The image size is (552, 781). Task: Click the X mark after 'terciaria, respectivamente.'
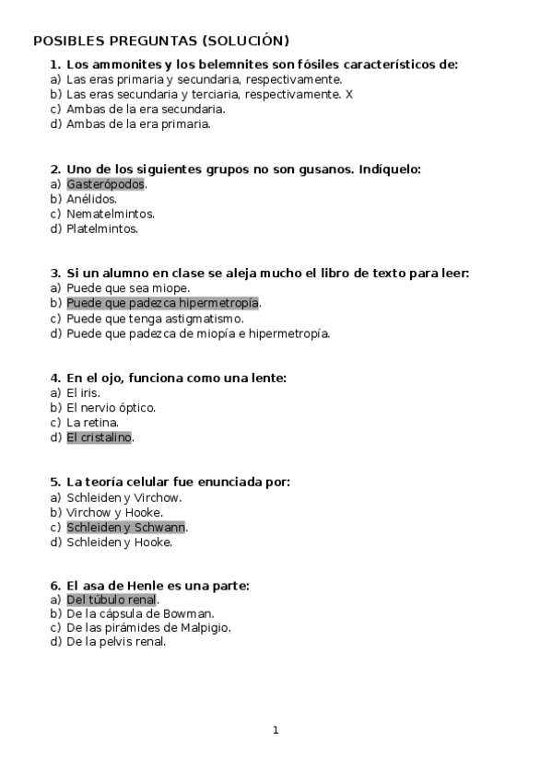[349, 94]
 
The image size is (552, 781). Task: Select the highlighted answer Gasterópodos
[106, 184]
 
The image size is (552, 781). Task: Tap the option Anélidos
[92, 199]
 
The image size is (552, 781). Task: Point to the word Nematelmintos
[110, 214]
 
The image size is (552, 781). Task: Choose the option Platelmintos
[101, 228]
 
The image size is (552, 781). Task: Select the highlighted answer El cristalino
[100, 437]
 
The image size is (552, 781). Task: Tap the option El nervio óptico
[111, 407]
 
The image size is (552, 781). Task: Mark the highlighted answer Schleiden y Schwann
[126, 527]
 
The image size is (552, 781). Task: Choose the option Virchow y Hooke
[114, 512]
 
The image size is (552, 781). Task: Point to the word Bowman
[190, 613]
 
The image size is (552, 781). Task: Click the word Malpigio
[204, 627]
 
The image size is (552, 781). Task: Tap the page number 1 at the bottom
[276, 730]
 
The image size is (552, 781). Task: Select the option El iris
[83, 392]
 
